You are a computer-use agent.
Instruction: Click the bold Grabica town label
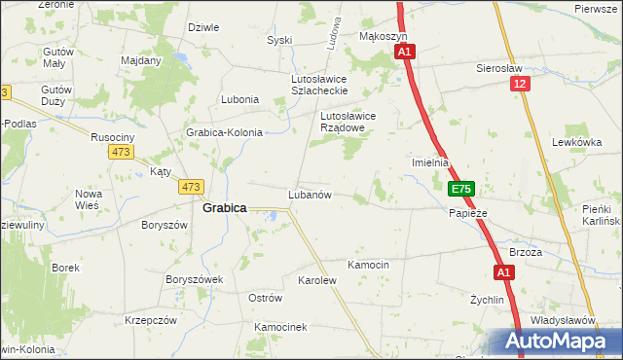coord(224,207)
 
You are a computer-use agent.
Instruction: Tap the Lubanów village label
coord(311,195)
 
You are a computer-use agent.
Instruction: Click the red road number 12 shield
coord(523,85)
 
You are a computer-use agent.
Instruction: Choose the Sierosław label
coord(500,69)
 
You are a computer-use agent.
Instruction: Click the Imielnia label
coord(430,162)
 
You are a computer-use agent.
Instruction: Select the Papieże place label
coord(467,212)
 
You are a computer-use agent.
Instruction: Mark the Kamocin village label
coord(369,265)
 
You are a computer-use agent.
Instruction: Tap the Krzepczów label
coord(150,320)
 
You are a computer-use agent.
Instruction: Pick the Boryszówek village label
coord(195,278)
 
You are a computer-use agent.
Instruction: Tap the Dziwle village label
coord(202,27)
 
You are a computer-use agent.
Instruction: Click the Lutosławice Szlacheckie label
coord(319,84)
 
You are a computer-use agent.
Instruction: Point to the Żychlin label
coord(487,301)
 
